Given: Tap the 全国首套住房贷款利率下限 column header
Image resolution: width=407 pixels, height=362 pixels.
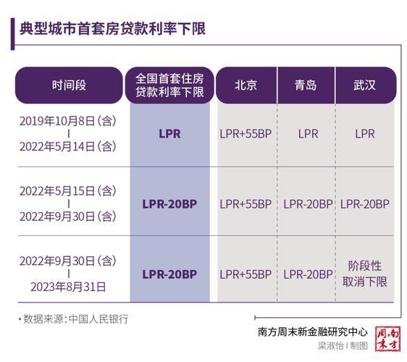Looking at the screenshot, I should (x=169, y=85).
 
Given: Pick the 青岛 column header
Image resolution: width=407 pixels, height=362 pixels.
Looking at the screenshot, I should (x=306, y=85).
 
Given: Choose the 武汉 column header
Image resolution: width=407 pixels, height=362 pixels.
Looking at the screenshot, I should (x=365, y=85).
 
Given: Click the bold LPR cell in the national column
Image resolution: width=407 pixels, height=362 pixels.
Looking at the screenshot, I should (x=169, y=134).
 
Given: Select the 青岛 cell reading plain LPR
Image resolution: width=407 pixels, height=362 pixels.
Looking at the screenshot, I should (x=307, y=134).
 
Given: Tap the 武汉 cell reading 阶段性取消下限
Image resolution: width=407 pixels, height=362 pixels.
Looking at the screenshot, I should (x=365, y=274).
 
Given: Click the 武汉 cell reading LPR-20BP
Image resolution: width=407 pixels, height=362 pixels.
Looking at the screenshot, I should (x=365, y=204).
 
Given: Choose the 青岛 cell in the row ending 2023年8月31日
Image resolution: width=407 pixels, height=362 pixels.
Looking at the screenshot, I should (x=307, y=274).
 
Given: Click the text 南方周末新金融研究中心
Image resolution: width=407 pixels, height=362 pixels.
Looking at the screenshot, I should (x=312, y=332).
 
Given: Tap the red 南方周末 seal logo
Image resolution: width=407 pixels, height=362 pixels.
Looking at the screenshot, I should (x=387, y=339).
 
